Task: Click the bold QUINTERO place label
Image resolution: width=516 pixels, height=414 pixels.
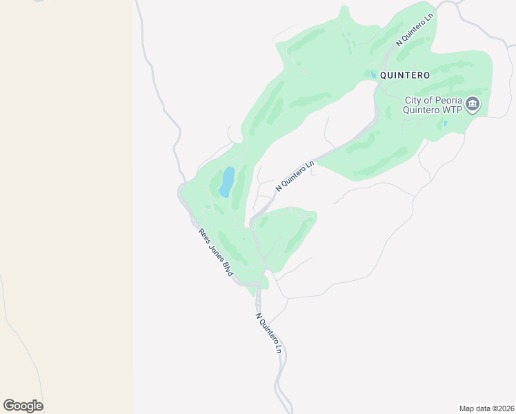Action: point(405,75)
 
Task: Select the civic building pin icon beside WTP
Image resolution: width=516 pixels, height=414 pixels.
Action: point(473,105)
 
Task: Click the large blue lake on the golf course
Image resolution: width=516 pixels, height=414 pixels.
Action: point(226,181)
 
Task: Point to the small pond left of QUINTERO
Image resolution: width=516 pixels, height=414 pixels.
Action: point(374,75)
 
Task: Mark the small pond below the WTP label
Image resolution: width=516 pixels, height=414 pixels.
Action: point(446,124)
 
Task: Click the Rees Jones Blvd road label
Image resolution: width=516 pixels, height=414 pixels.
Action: point(214,253)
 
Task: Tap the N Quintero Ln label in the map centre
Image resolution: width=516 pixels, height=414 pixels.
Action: point(295,176)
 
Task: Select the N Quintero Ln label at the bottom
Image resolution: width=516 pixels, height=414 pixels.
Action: point(269,333)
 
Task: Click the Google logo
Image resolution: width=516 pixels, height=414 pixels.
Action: point(23,406)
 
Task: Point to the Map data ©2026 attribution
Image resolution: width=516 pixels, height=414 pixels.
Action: point(486,408)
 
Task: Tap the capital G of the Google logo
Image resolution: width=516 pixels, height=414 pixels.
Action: point(10,406)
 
